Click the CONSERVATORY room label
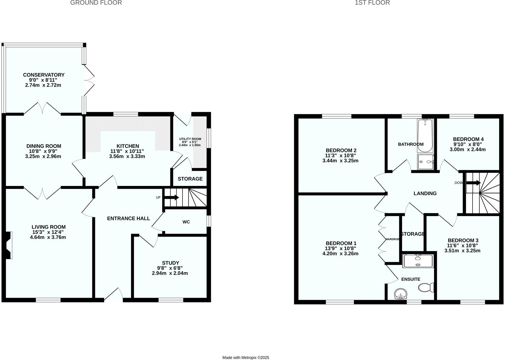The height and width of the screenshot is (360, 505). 44,75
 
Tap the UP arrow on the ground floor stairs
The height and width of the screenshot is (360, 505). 172,197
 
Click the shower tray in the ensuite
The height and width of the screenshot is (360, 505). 418,261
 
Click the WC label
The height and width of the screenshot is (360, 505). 186,222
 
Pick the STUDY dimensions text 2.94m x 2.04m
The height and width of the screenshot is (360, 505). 170,273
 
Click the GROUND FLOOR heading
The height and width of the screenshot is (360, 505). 96,3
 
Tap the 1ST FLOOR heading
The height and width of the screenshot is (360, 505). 372,3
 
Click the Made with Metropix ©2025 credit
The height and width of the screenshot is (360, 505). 246,358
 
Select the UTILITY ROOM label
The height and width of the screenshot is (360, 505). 190,139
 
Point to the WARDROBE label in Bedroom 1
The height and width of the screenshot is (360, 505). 392,239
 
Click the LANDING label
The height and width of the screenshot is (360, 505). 425,193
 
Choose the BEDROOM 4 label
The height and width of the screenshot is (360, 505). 468,139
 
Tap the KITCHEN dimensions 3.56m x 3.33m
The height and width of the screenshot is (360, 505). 127,156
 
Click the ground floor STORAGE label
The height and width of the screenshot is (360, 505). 190,179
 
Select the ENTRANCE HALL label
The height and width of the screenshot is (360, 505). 128,218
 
